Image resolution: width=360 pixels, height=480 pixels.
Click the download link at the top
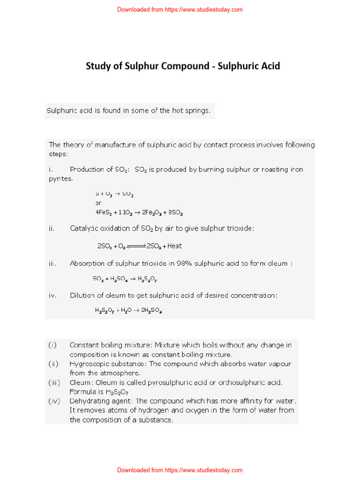coord(180,9)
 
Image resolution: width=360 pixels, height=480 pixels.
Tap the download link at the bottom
coord(180,470)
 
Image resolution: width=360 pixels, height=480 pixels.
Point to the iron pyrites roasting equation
coord(139,212)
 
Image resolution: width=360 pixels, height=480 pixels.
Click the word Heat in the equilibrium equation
coord(174,246)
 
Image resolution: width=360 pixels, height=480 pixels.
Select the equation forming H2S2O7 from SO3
coord(125,279)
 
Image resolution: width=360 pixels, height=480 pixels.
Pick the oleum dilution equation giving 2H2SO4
coord(128,310)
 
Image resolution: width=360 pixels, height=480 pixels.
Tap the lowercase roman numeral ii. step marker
coord(52,228)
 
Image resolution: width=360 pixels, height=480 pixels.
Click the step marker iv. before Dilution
coord(52,295)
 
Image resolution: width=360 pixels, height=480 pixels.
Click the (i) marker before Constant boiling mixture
coord(52,345)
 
